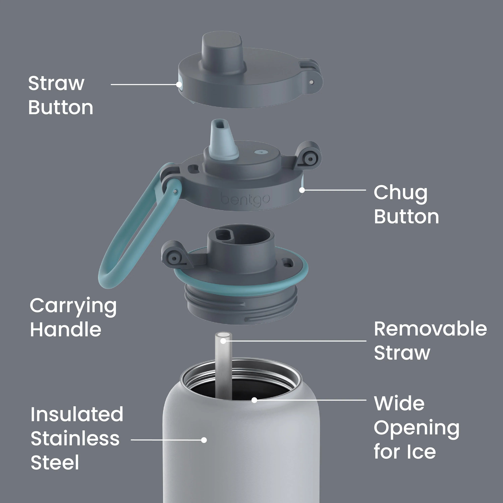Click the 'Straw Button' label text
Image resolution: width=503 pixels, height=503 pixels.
(60, 95)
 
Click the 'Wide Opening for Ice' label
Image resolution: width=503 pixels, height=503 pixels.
(416, 428)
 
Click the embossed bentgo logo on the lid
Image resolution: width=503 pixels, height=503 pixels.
(245, 200)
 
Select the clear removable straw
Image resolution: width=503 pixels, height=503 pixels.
(223, 365)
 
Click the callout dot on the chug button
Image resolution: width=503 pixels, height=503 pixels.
(302, 190)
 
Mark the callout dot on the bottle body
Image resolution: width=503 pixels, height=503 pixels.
(204, 440)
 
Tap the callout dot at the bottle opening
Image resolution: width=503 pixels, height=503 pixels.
(254, 400)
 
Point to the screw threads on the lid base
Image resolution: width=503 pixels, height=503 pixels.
(241, 307)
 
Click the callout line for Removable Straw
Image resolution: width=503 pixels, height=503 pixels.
(295, 341)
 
